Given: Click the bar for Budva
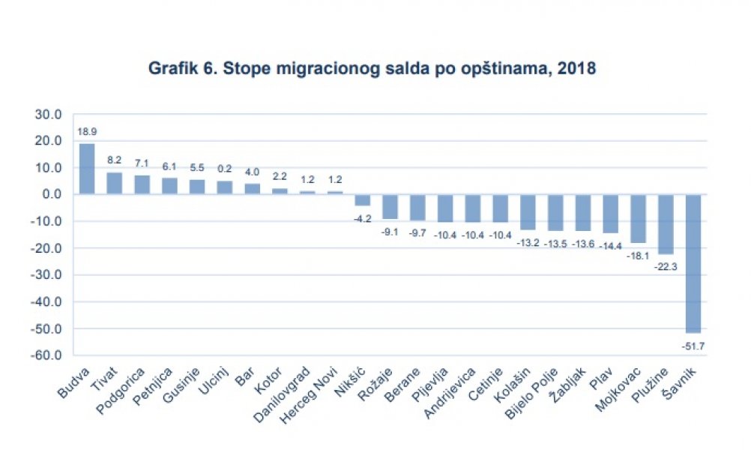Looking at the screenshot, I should click(87, 169).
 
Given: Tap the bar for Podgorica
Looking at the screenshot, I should click(142, 184).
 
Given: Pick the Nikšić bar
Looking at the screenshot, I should click(363, 200).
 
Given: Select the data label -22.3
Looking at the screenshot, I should click(666, 264).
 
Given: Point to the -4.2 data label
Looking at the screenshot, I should click(363, 216).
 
